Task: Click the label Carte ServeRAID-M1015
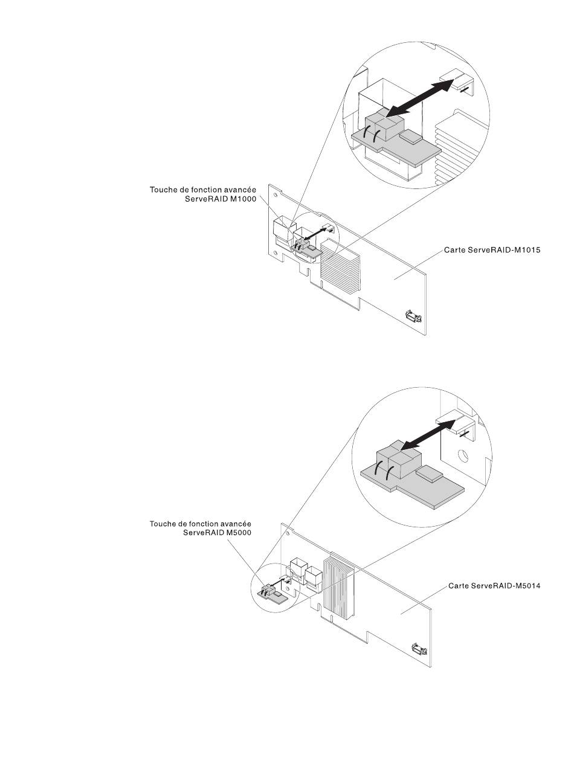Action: click(492, 249)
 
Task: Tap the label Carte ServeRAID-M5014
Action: click(494, 586)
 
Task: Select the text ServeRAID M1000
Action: click(221, 199)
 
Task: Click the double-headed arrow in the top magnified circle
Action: click(420, 98)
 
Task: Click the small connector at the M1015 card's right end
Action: click(413, 316)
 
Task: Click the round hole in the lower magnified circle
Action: click(463, 455)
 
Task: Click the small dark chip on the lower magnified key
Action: click(428, 472)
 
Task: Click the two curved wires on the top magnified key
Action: click(371, 135)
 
